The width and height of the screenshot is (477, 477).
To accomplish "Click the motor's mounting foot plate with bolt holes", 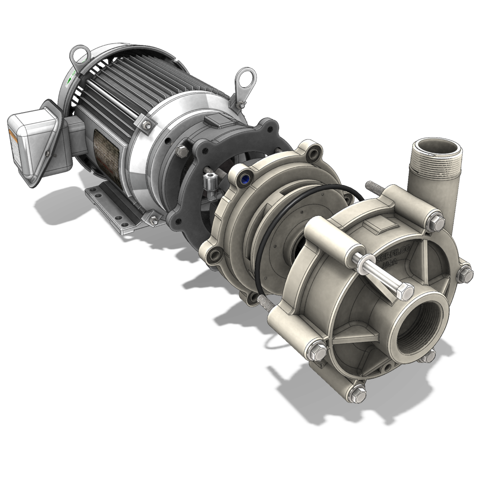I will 112,205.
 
